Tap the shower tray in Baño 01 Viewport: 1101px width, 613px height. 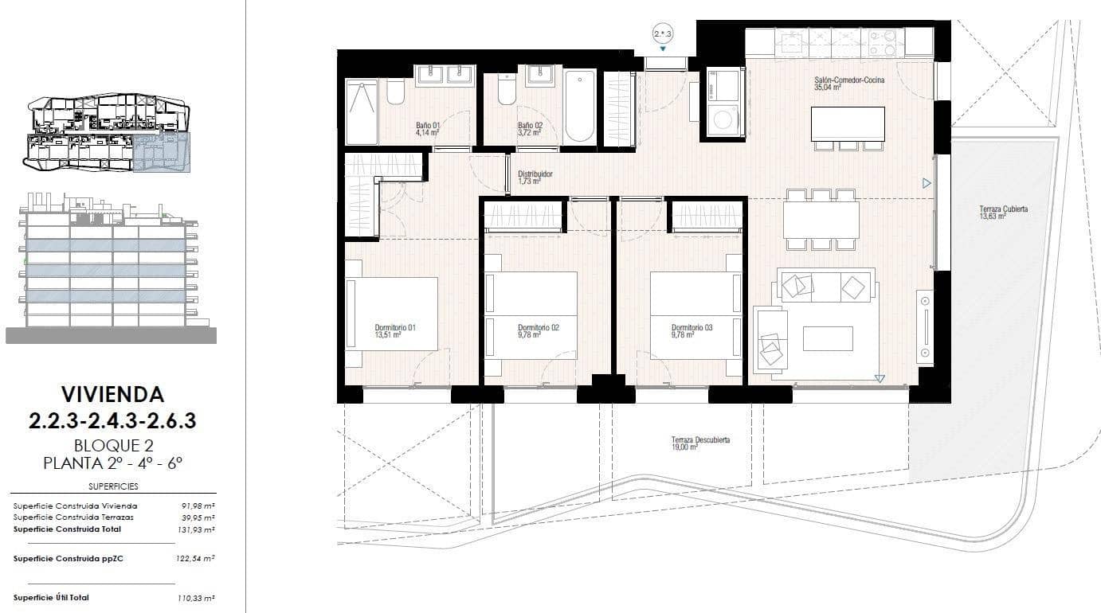[362, 111]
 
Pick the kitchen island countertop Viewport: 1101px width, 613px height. [848, 123]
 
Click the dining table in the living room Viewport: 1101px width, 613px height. [821, 220]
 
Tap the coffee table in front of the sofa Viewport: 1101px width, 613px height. [827, 338]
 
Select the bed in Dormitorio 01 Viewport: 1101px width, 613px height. [392, 314]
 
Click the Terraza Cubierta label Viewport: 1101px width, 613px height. [1003, 210]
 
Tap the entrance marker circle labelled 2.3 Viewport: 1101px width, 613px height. [663, 33]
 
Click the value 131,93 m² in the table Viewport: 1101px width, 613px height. [195, 529]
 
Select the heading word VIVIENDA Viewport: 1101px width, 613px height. [112, 394]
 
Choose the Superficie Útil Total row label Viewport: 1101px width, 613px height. [52, 597]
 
